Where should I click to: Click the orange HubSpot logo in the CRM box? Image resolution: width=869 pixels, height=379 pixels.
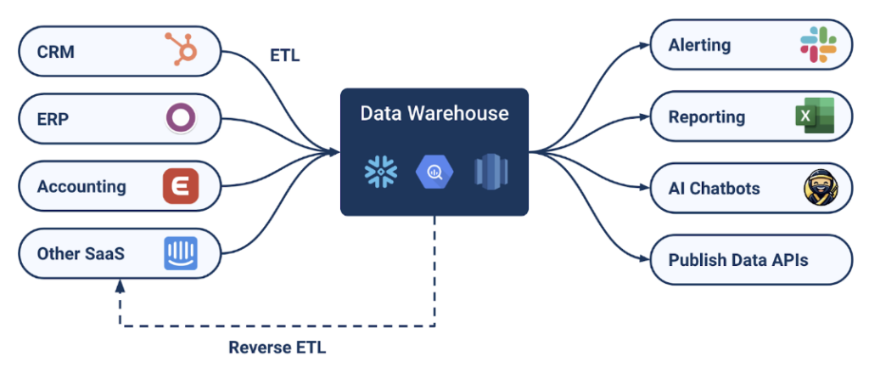click(182, 52)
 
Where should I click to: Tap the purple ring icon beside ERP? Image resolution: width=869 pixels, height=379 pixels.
click(181, 119)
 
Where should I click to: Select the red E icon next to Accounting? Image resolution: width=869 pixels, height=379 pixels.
click(181, 186)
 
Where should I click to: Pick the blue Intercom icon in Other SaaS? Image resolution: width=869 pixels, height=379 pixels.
click(181, 253)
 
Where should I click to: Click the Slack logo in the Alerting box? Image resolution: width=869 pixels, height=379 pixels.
click(818, 45)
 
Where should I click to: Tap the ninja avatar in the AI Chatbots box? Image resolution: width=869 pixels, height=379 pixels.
click(818, 189)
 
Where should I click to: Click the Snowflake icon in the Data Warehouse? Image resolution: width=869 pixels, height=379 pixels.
click(381, 172)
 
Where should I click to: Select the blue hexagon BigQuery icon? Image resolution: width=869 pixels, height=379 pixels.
click(434, 172)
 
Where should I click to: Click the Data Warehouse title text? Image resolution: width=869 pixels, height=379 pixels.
click(434, 113)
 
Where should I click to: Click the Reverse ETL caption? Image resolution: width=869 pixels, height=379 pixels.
click(277, 347)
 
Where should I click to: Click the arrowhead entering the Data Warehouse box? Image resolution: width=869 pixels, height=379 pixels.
click(334, 153)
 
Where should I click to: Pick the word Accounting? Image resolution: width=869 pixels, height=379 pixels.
click(81, 187)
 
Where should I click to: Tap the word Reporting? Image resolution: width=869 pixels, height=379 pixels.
click(707, 117)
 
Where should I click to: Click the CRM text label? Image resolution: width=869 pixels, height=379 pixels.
click(56, 52)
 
